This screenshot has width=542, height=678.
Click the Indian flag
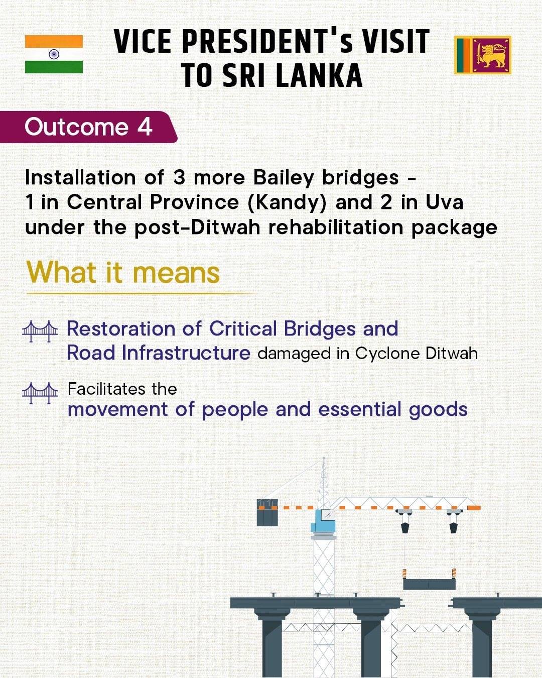click(54, 54)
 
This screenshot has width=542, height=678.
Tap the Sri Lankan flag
click(482, 55)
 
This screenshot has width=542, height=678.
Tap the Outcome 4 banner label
click(88, 127)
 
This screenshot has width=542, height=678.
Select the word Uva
click(444, 202)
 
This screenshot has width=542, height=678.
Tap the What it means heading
click(123, 273)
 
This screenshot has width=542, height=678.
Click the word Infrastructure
click(186, 353)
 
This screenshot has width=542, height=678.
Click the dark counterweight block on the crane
click(267, 512)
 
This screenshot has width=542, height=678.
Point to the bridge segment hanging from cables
click(429, 584)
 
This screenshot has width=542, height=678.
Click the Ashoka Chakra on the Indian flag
click(54, 54)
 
